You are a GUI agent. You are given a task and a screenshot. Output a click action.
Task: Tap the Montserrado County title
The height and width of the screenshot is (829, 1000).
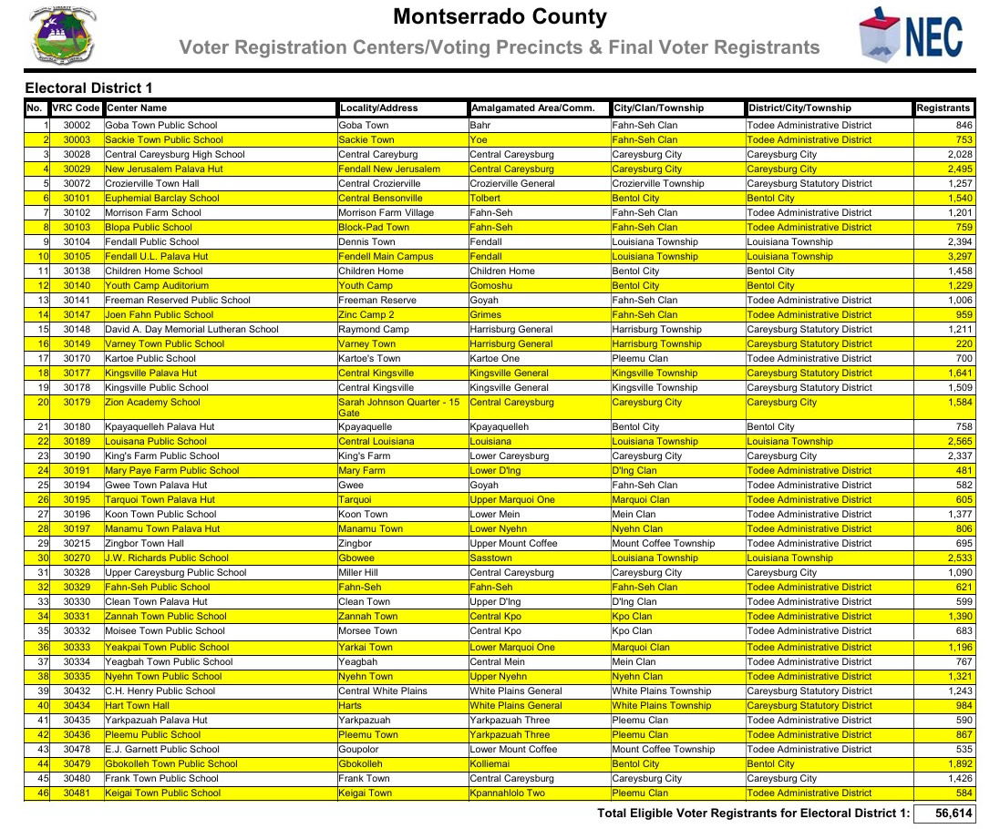(499, 16)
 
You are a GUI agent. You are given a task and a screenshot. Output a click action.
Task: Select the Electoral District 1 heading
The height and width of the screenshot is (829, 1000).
(88, 88)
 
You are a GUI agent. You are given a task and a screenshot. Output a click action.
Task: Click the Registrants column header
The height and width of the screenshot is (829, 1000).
(943, 108)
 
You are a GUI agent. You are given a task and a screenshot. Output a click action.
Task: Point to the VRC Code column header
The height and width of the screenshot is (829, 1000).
(77, 108)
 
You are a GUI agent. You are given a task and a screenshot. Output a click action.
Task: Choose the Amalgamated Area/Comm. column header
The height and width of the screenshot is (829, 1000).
(532, 108)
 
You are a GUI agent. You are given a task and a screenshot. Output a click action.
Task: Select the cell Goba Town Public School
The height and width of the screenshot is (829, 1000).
(161, 125)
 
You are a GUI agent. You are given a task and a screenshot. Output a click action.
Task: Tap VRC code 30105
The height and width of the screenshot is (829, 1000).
(77, 256)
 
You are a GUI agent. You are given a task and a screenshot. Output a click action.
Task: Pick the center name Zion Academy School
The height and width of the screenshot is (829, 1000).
(152, 402)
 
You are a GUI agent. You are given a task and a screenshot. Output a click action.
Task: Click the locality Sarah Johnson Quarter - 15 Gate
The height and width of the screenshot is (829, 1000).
(398, 407)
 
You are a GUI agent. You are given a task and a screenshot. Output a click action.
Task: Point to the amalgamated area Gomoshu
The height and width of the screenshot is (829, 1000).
(491, 285)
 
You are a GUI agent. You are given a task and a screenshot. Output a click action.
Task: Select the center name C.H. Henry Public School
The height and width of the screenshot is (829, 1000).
(160, 691)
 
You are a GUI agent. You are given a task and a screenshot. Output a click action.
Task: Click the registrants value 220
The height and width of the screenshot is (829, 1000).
(964, 343)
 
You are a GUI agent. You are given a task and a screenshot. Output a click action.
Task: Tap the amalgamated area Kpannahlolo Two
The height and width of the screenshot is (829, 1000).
(507, 793)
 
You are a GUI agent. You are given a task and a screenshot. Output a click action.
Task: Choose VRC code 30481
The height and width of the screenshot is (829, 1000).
(77, 793)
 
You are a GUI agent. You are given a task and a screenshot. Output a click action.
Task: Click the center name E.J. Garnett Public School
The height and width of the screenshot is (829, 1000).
(162, 749)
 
